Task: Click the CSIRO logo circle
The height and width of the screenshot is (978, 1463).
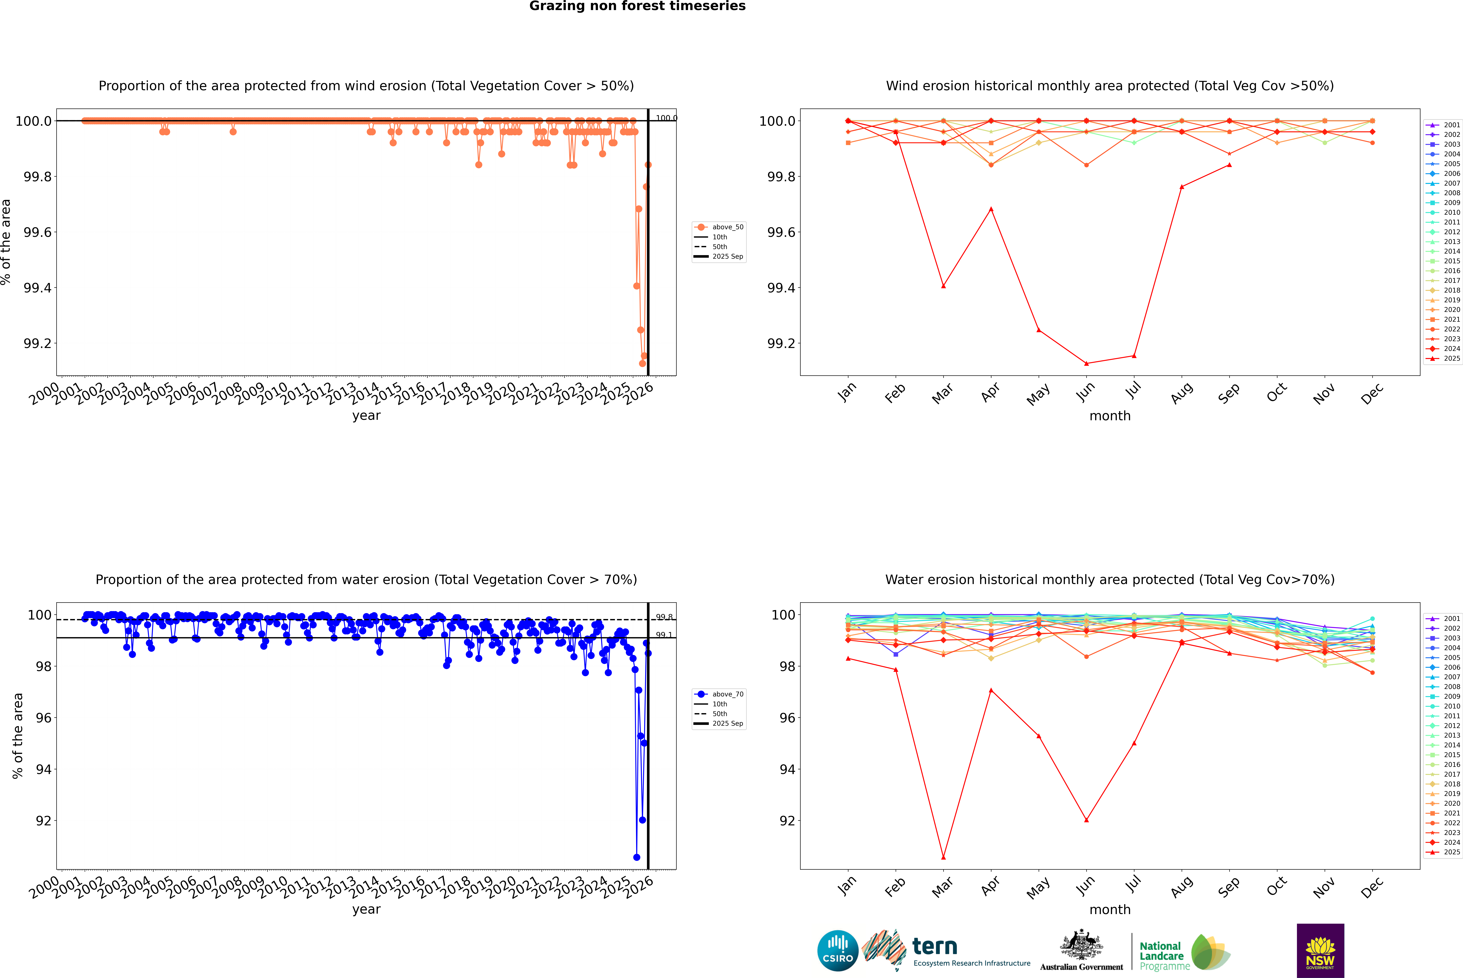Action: coord(838,951)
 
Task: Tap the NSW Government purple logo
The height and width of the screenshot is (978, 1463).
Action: coord(1320,951)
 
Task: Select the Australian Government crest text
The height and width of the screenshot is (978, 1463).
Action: coord(1081,967)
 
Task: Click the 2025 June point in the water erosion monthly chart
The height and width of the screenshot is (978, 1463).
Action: coord(1086,820)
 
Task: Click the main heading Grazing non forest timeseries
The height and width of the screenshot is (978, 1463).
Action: coord(637,6)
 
